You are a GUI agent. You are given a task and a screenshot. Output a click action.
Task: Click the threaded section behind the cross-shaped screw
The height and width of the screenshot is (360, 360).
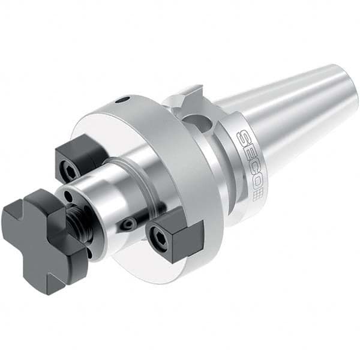77,223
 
